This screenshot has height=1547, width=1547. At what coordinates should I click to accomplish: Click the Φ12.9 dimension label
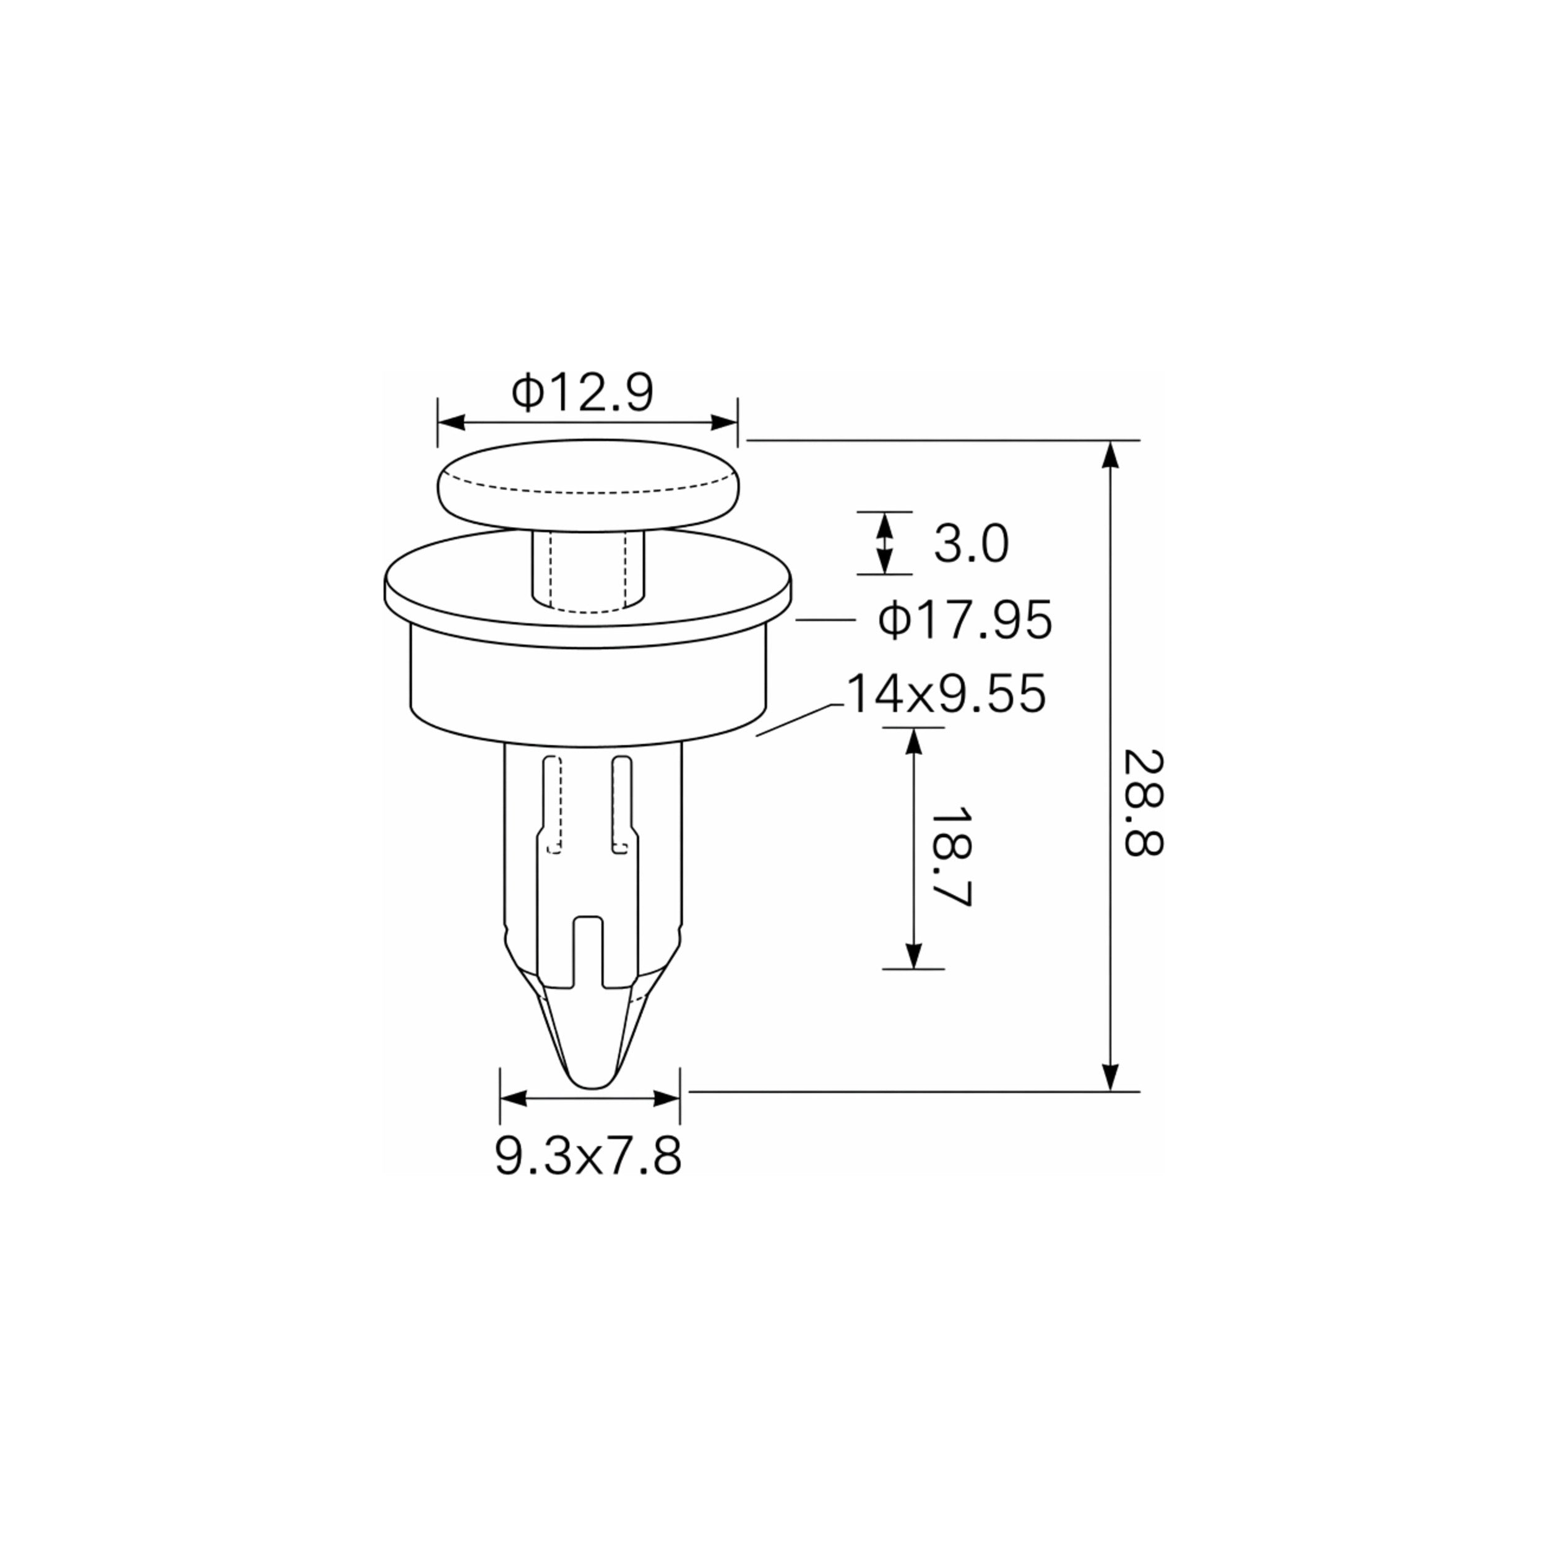(x=583, y=392)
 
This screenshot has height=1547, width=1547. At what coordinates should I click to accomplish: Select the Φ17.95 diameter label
(x=965, y=621)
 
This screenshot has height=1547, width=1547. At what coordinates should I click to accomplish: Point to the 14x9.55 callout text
(x=946, y=694)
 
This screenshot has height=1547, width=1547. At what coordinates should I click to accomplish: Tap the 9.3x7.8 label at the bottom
(x=588, y=1157)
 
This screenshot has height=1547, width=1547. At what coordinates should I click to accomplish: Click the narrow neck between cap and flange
(x=588, y=569)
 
